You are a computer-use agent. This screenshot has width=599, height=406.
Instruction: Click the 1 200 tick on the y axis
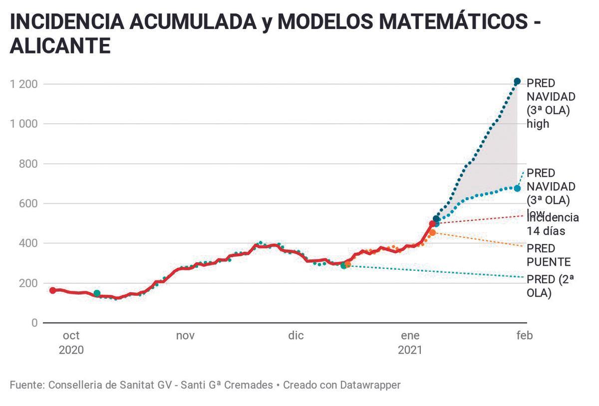coord(23,84)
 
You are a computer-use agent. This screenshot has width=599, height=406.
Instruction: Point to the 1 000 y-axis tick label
coord(23,124)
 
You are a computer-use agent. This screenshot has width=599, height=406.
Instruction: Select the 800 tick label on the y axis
coord(27,164)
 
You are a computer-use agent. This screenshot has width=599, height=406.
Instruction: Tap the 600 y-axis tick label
coord(27,204)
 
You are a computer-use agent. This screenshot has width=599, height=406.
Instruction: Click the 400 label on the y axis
coord(27,244)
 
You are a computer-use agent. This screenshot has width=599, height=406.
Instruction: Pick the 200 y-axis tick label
coord(27,283)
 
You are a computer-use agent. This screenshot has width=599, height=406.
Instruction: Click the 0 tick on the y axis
coord(34,323)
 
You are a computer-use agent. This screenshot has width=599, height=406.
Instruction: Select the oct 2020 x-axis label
coord(71,343)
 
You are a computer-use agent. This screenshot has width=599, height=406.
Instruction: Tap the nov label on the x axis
coord(185,336)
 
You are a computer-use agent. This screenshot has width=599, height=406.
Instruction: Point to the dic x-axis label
coord(296,336)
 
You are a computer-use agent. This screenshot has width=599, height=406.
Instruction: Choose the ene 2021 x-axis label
coord(410,343)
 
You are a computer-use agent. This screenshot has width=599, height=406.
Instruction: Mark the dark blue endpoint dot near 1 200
coord(517,81)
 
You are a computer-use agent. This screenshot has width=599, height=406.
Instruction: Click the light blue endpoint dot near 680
coord(517,188)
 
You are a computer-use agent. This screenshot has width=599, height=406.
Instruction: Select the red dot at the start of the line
coord(52,290)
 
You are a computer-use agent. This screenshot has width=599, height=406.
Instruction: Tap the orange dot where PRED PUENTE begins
coord(432,232)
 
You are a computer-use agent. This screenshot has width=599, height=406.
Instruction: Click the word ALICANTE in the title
coord(60,46)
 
